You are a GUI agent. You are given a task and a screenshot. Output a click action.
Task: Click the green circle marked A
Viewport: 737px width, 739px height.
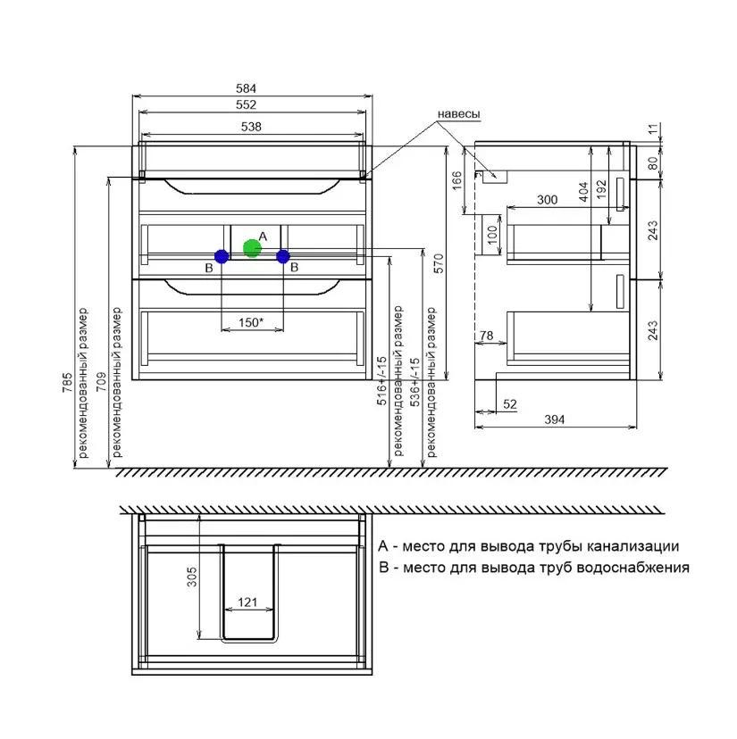pyautogui.click(x=253, y=248)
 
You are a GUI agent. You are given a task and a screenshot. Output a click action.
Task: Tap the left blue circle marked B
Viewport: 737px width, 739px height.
pyautogui.click(x=222, y=256)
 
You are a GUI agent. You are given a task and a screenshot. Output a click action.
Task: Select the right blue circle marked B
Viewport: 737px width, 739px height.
pyautogui.click(x=283, y=256)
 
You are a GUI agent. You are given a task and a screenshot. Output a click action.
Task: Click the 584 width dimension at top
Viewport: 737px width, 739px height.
pyautogui.click(x=246, y=88)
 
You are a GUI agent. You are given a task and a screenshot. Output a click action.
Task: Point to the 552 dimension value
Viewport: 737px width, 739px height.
pyautogui.click(x=246, y=104)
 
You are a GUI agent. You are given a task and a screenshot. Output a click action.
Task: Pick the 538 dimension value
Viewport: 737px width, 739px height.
pyautogui.click(x=251, y=127)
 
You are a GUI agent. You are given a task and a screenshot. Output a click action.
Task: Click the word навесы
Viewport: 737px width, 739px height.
pyautogui.click(x=458, y=114)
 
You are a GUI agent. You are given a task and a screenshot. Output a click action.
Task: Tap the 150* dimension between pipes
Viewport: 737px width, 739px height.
pyautogui.click(x=251, y=323)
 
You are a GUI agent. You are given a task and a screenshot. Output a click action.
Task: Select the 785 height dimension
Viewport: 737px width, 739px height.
pyautogui.click(x=68, y=382)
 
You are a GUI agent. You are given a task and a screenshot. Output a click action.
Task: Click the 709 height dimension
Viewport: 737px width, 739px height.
pyautogui.click(x=102, y=382)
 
